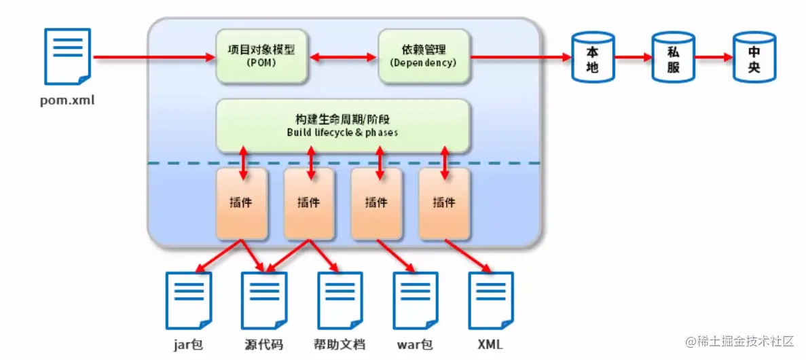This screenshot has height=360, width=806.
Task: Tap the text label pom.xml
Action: (x=67, y=102)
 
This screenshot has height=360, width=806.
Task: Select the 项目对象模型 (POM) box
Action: (x=262, y=56)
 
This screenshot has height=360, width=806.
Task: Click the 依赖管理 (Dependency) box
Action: (x=423, y=56)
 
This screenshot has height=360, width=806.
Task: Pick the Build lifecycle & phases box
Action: (x=342, y=126)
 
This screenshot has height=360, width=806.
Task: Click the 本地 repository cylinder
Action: (x=592, y=58)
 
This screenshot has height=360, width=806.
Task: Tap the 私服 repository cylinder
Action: (x=672, y=58)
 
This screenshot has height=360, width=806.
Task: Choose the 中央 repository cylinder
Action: (x=753, y=58)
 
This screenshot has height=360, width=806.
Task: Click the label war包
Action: (x=415, y=344)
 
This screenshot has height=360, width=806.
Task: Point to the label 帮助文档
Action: (x=340, y=344)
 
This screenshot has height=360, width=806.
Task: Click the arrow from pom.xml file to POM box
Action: (x=153, y=58)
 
